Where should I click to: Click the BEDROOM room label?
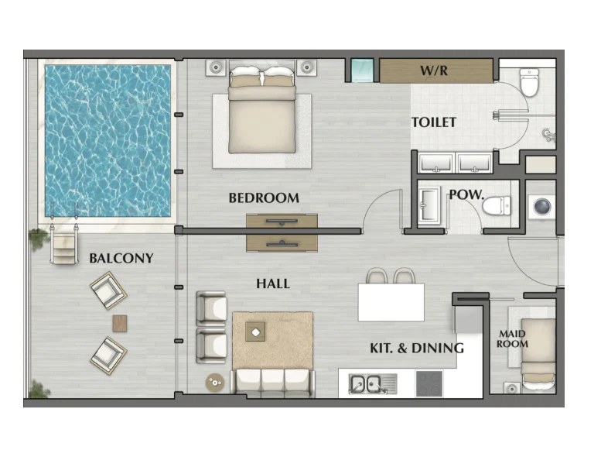[264, 198]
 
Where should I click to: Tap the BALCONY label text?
[121, 258]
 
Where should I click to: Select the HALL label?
[273, 283]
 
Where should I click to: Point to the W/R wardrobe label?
[434, 70]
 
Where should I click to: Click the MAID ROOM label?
[512, 339]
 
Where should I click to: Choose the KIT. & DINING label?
[417, 348]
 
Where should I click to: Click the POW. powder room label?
[466, 194]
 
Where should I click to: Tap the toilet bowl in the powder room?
[497, 206]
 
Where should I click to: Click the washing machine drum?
[543, 208]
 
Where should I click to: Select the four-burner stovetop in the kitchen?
[429, 383]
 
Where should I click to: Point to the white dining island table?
[391, 302]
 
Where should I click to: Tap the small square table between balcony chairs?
[120, 324]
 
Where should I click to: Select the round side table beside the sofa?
[215, 382]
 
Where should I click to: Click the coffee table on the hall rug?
[255, 332]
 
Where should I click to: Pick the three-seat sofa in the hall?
[272, 383]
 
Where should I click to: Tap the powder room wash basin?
[429, 205]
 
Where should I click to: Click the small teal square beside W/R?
[362, 70]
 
